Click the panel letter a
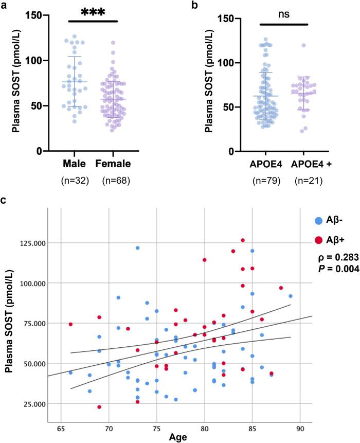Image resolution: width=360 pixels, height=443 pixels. (5, 5)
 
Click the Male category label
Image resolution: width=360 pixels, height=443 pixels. (75, 164)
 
